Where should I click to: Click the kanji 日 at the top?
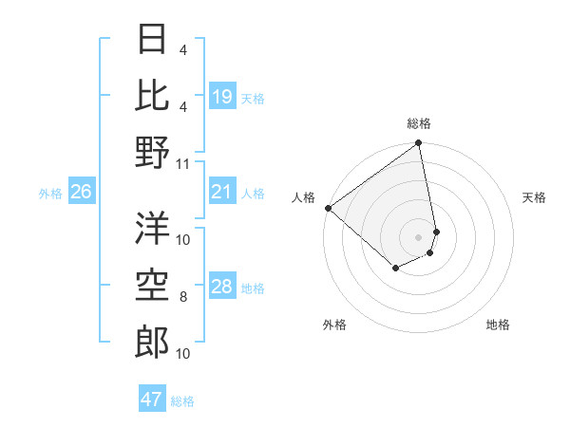pos(153,40)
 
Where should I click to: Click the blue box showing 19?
pos(222,98)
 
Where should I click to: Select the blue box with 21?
pos(222,193)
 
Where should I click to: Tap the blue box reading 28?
pos(222,288)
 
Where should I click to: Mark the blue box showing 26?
pos(82,193)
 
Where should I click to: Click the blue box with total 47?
pos(152,400)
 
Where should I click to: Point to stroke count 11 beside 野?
pos(183,163)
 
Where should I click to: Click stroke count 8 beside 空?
pos(183,297)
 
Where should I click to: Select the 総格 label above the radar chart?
pos(419,123)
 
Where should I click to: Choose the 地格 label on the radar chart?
pos(498,325)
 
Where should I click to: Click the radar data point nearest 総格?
pos(418,144)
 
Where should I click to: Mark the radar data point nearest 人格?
pos(328,208)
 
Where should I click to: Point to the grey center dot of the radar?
pos(418,236)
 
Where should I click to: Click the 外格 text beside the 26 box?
pos(49,194)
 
